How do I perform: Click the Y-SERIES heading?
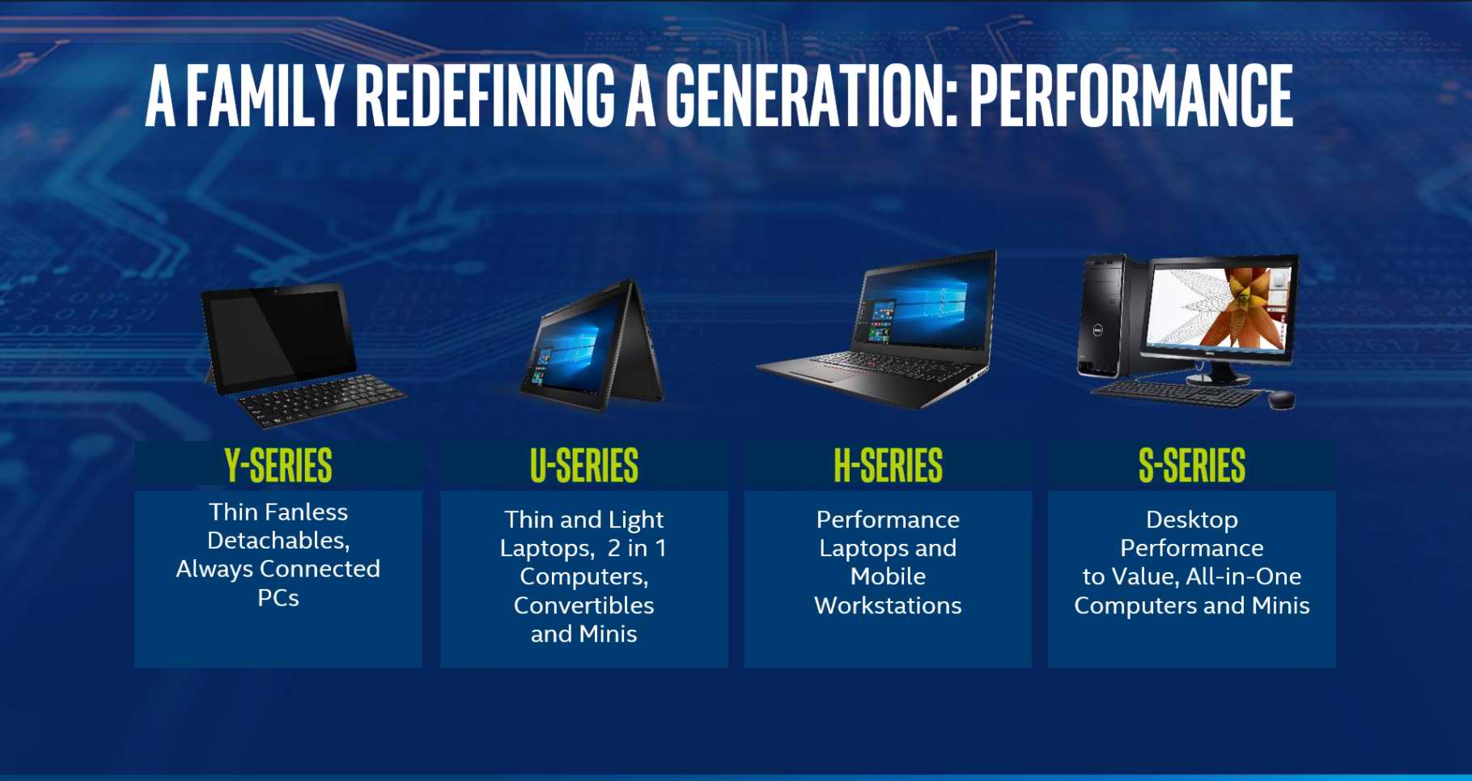tap(278, 465)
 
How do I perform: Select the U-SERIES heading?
tap(584, 465)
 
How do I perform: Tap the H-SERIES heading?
tap(889, 465)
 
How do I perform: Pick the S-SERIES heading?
tap(1192, 465)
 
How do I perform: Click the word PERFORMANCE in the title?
tap(1131, 96)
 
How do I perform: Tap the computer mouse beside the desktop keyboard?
tap(1281, 399)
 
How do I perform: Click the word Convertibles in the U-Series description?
tap(584, 605)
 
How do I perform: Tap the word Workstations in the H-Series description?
tap(889, 605)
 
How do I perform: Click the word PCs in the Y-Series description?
tap(278, 598)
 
